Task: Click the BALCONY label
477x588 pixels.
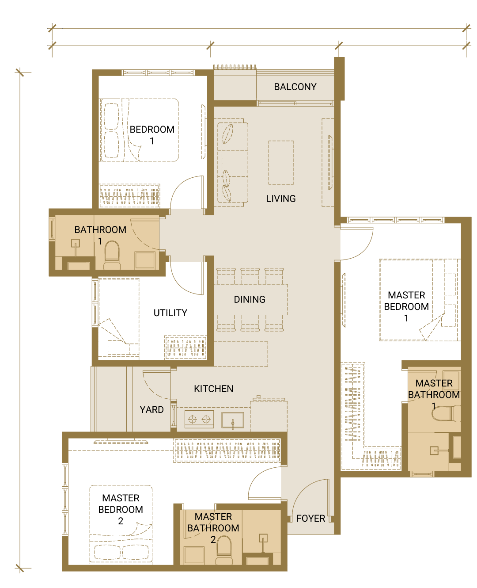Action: coord(295,87)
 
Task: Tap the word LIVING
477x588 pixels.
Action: coord(281,199)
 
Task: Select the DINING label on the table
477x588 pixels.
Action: coord(250,299)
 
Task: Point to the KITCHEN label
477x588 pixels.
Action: coord(213,389)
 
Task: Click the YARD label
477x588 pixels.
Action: coord(151,410)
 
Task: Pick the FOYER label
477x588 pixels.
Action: coord(311,519)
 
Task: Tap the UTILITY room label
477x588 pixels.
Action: coord(170,313)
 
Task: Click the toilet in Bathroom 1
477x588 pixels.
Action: coord(112,256)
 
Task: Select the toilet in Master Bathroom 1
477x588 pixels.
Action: coord(446,413)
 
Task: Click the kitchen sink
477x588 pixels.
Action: coord(233,420)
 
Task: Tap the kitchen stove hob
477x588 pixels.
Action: coord(199,419)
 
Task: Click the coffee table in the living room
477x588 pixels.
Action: coord(281,163)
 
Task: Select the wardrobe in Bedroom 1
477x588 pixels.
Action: coord(129,196)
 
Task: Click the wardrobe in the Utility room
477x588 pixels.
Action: coord(185,347)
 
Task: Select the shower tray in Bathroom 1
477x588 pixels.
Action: coord(145,260)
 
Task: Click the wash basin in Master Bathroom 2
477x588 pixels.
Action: coord(263,538)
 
